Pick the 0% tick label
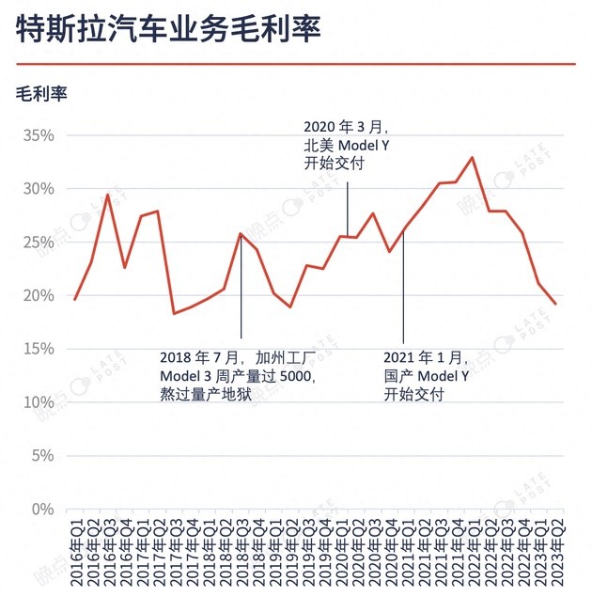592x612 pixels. point(43,510)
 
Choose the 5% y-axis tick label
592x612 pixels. point(41,456)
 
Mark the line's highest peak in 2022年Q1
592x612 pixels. point(473,158)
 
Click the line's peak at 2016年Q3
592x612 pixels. point(108,195)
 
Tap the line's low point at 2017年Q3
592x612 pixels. point(174,313)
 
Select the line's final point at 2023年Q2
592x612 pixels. point(556,304)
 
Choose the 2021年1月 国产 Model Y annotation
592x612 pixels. point(426,377)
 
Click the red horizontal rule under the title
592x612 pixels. point(295,64)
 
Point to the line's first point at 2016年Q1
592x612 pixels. point(75,300)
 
